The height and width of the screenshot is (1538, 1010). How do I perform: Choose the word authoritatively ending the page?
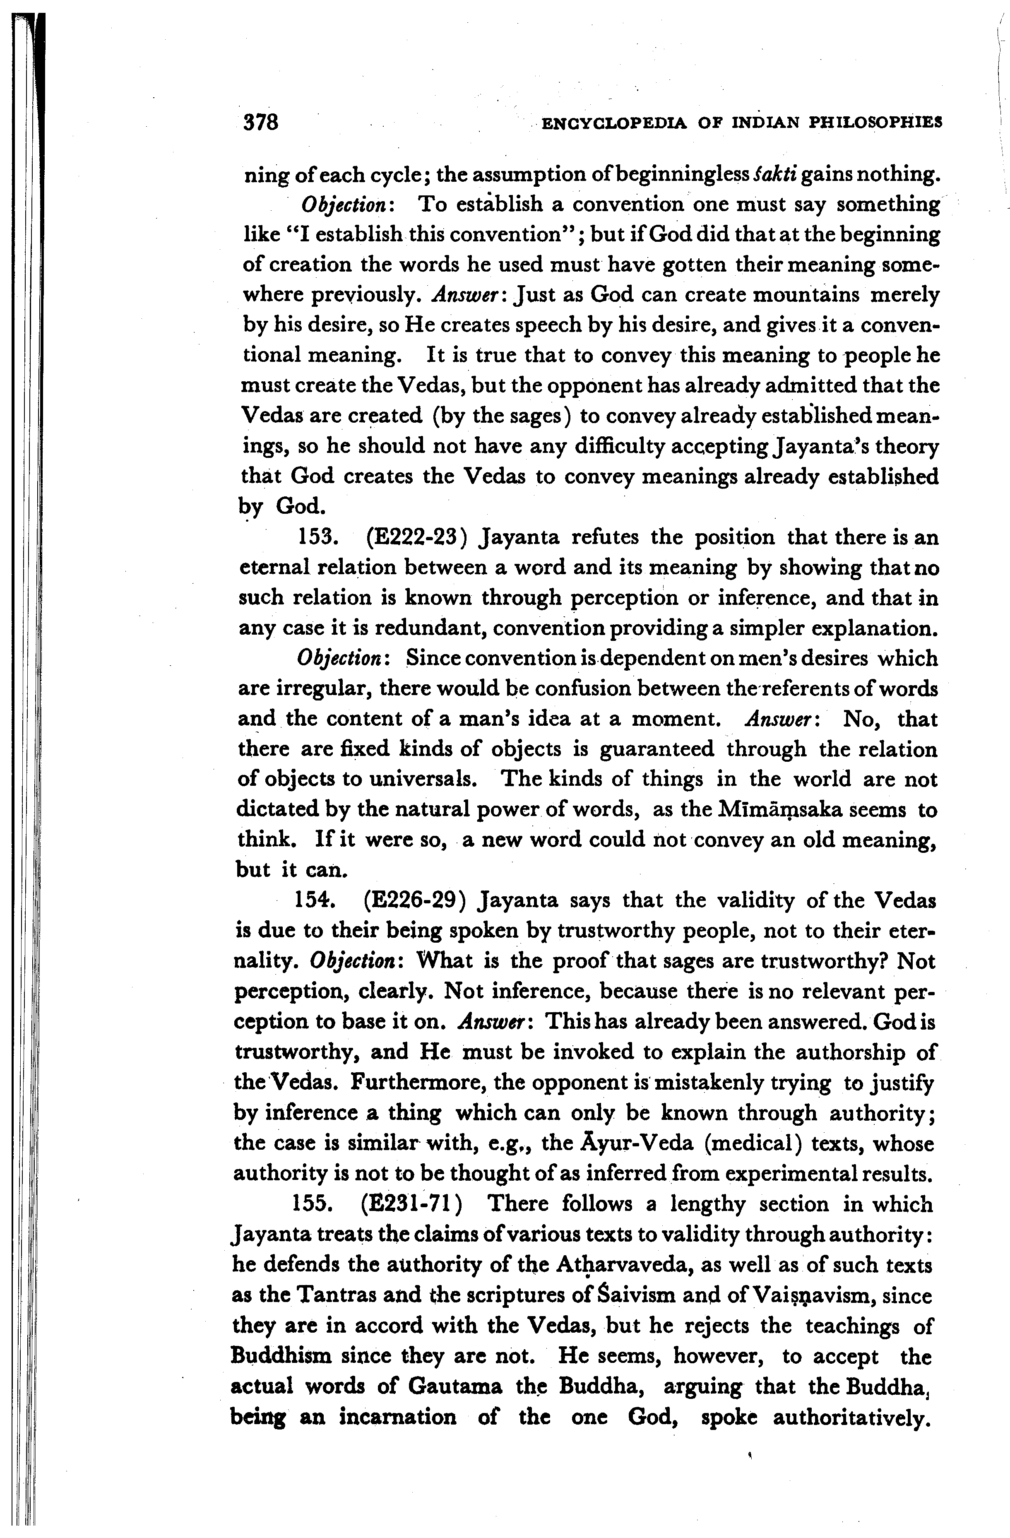point(850,1417)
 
